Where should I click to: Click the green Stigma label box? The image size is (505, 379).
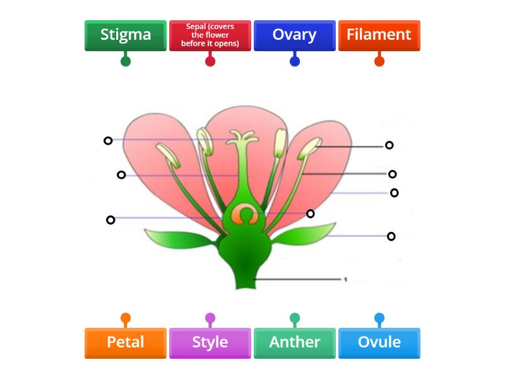(126, 35)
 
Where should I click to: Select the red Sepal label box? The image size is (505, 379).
(210, 35)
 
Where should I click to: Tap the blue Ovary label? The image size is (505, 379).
(294, 35)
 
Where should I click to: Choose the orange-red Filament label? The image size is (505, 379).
(379, 35)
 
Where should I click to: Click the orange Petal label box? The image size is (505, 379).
(126, 342)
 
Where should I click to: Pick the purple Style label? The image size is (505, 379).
(210, 342)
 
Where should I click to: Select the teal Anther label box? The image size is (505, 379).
(294, 342)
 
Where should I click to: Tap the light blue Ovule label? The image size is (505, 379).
(379, 342)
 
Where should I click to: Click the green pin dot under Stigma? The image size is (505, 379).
(126, 61)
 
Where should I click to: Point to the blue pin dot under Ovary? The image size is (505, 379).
(295, 61)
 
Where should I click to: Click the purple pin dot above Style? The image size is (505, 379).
(210, 318)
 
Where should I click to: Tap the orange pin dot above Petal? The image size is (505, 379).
(126, 318)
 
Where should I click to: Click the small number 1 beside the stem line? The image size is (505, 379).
(345, 279)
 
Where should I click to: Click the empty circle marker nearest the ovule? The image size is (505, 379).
(311, 214)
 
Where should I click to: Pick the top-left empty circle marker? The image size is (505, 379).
(108, 140)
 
